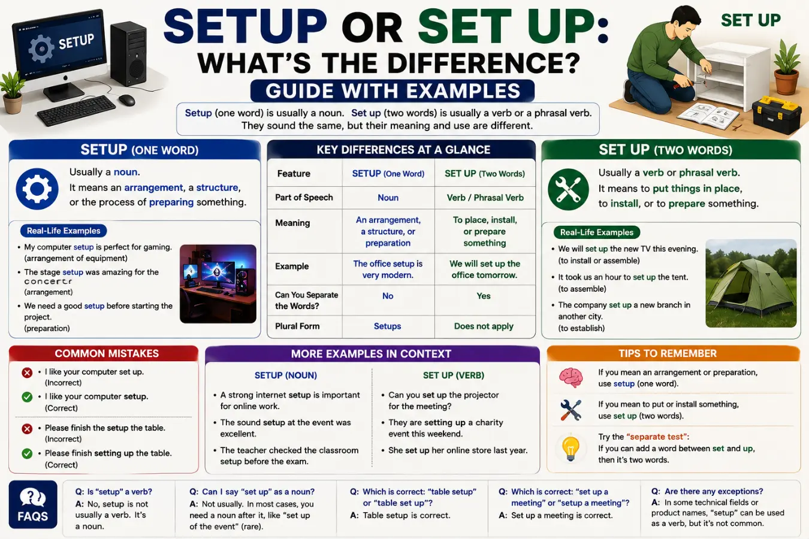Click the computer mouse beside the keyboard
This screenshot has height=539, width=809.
click(x=127, y=100)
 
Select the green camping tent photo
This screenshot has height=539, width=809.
click(x=751, y=283)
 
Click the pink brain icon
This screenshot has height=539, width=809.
click(x=570, y=378)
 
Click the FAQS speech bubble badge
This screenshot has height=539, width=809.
click(x=33, y=504)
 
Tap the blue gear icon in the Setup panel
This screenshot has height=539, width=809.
click(x=37, y=189)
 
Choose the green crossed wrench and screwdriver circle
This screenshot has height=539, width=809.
click(x=568, y=189)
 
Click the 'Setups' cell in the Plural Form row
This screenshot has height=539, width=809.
click(x=387, y=326)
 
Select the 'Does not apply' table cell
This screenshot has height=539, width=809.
click(x=484, y=326)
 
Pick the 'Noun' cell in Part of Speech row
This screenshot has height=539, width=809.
click(x=388, y=198)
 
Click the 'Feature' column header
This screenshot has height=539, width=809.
click(x=294, y=174)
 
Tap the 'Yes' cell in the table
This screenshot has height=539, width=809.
click(x=483, y=296)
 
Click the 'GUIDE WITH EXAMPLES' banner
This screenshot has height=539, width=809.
click(x=393, y=90)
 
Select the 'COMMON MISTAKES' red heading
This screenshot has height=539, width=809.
click(x=107, y=353)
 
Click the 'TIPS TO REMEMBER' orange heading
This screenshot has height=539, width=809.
click(x=668, y=353)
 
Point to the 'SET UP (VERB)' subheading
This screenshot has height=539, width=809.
click(x=453, y=376)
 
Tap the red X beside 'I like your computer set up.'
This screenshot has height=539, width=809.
click(x=27, y=373)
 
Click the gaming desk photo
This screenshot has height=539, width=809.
click(x=218, y=284)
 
